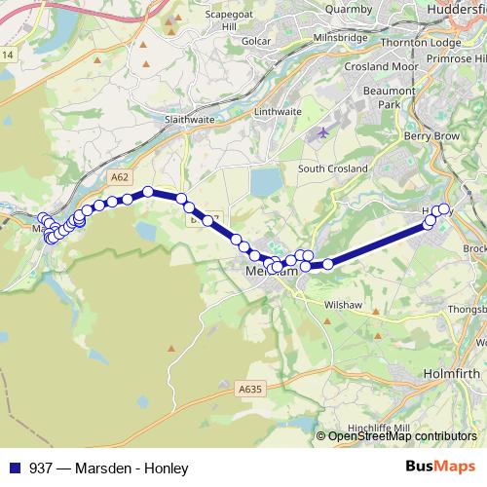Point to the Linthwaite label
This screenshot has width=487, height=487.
[x=277, y=112]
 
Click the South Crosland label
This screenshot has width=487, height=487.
[x=332, y=169]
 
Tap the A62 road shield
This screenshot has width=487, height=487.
[x=120, y=177]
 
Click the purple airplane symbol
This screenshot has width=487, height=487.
[x=324, y=132]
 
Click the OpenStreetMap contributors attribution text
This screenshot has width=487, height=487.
[x=401, y=436]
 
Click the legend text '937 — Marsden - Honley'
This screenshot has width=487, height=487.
[x=108, y=468]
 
